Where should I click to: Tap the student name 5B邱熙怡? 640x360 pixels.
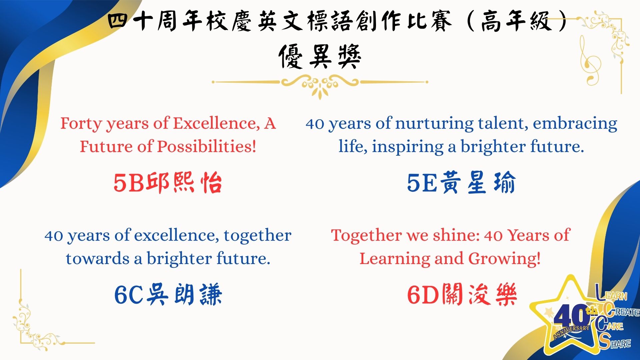point(168,183)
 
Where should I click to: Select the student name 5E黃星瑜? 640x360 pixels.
point(461,183)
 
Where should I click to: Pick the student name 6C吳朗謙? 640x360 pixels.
point(168,295)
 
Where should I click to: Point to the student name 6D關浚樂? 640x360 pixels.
point(462,295)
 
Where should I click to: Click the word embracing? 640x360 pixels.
point(575,124)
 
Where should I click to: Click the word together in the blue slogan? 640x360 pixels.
point(258,236)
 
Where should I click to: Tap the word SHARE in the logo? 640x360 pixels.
point(615,341)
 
